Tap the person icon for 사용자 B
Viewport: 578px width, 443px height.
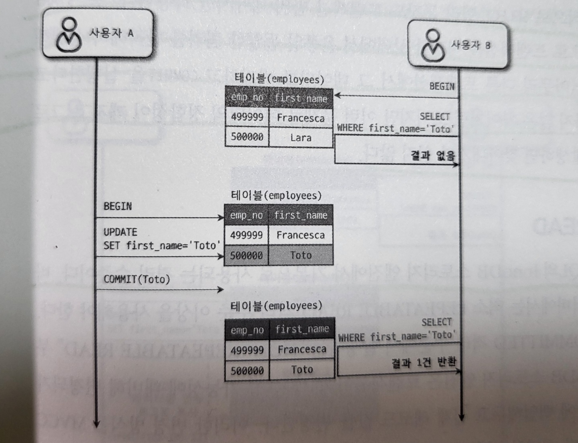433,45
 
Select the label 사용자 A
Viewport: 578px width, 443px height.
111,33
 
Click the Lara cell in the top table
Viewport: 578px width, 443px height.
301,138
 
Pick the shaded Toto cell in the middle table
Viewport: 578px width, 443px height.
301,255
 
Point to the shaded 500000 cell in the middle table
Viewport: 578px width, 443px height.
246,255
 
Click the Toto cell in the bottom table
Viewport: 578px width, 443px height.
302,370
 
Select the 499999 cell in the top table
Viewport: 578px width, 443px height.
247,117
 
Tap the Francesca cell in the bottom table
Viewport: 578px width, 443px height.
302,349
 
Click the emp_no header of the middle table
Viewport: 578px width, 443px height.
246,216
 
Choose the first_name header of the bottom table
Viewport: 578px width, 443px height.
302,329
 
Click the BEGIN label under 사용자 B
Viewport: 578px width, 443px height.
442,87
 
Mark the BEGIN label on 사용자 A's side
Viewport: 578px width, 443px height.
118,206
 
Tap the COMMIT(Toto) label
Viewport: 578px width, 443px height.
136,279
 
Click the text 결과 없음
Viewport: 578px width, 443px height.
433,155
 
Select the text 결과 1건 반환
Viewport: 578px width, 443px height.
424,363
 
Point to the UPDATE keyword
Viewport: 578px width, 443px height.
120,232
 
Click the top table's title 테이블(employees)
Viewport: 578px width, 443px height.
279,79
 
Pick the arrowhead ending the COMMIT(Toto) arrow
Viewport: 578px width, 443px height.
221,290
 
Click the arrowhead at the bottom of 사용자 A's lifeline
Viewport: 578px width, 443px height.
96,423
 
